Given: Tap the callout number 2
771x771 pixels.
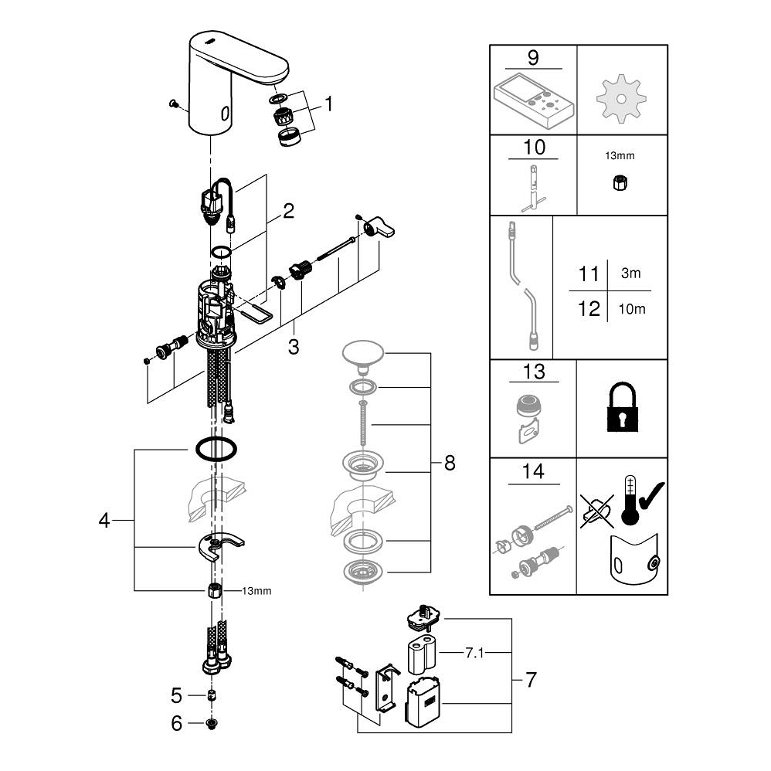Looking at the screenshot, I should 287,212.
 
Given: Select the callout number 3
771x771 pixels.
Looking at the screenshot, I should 293,346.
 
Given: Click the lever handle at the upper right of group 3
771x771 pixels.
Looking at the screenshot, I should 381,229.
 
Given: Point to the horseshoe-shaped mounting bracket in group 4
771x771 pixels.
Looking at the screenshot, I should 219,549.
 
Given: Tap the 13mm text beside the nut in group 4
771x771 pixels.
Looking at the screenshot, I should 256,591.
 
